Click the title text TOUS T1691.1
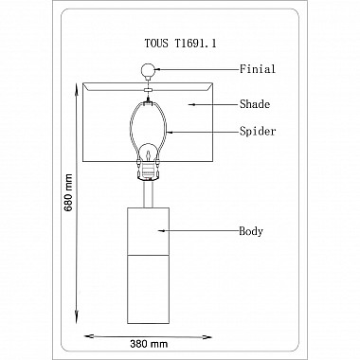[180, 44]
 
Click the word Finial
[258, 69]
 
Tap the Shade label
[255, 104]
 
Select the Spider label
[258, 131]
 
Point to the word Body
[251, 231]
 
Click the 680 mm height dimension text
[68, 192]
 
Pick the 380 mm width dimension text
[149, 344]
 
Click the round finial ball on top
[148, 70]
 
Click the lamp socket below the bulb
[148, 172]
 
